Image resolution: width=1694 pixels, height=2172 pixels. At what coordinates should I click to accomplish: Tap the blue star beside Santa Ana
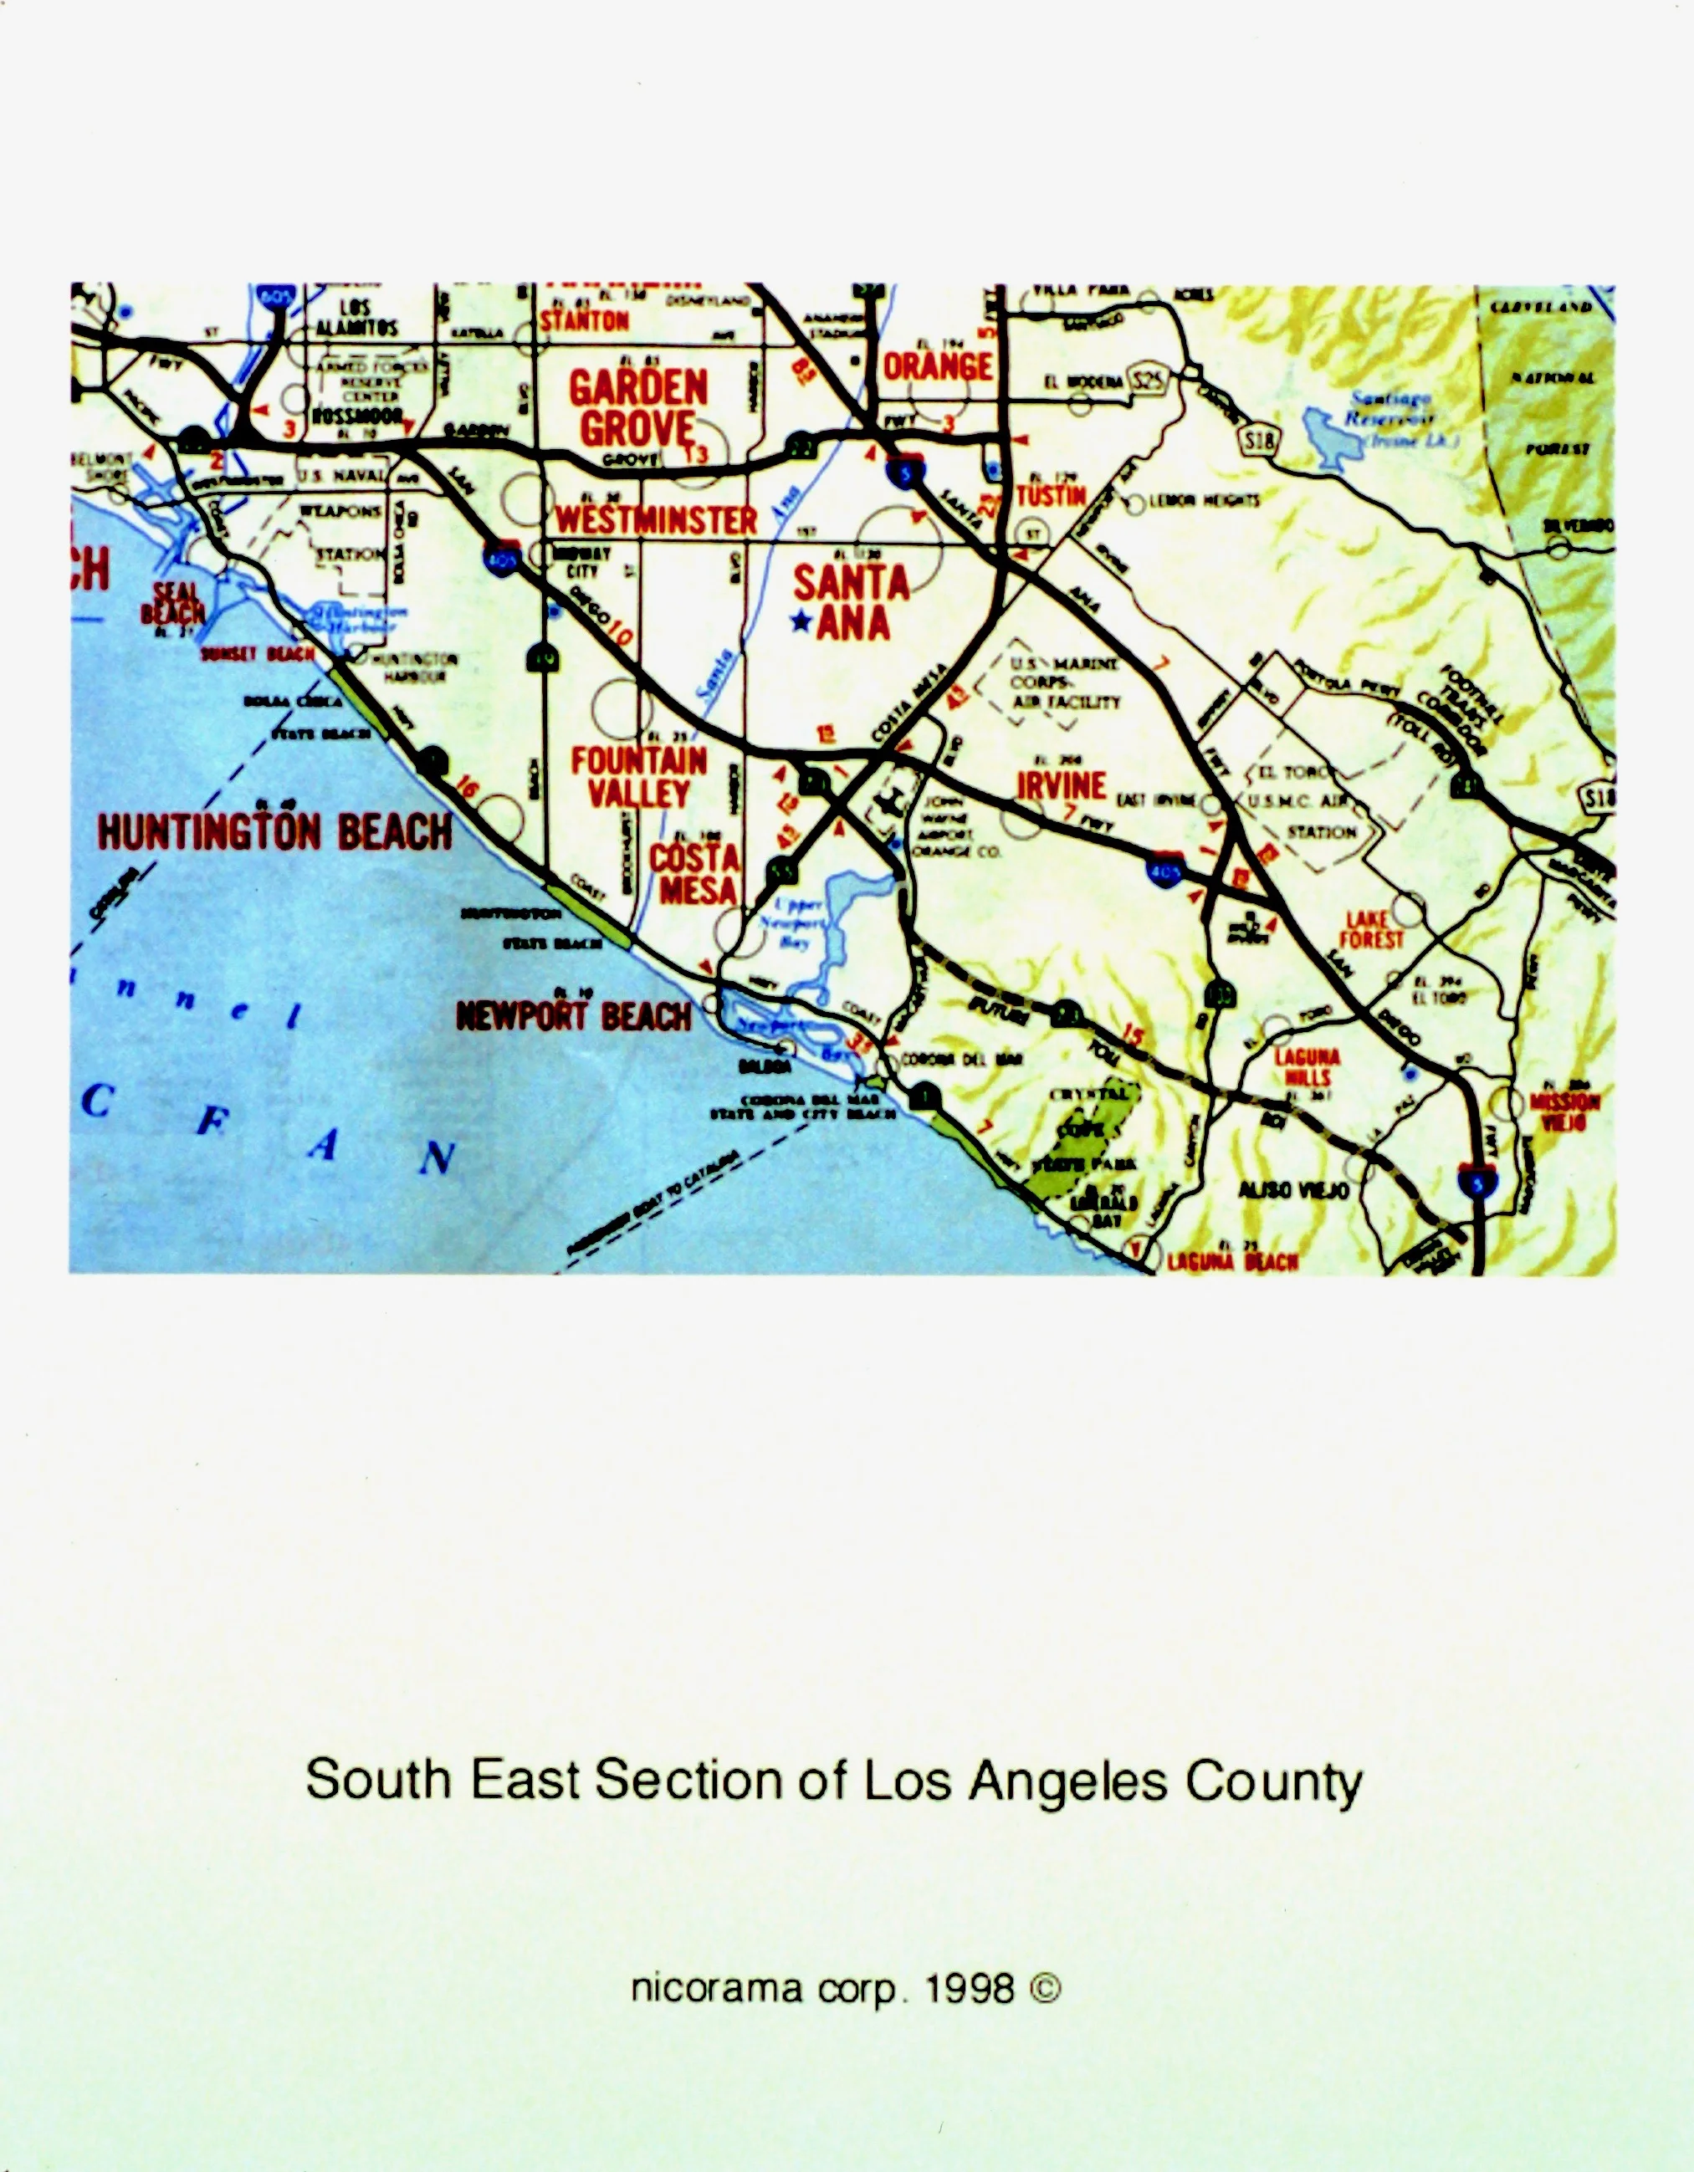[x=800, y=622]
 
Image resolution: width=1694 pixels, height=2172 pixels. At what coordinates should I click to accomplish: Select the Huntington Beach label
[x=274, y=830]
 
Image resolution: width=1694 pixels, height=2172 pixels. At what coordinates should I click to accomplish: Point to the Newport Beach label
[x=573, y=1015]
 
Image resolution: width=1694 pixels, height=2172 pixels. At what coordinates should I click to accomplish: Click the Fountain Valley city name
[x=638, y=777]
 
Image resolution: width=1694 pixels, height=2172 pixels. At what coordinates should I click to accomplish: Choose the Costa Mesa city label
[x=695, y=873]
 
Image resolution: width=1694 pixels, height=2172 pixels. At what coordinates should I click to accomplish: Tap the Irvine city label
[x=1062, y=784]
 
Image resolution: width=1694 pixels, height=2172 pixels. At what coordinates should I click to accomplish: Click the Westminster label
[x=656, y=519]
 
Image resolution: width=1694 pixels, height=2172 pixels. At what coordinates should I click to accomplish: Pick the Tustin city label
[x=1052, y=495]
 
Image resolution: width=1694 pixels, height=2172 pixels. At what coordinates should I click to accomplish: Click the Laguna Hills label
[x=1307, y=1066]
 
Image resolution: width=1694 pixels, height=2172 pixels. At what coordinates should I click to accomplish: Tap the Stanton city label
[x=585, y=320]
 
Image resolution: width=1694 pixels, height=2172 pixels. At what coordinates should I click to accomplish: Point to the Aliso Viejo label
[x=1293, y=1190]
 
